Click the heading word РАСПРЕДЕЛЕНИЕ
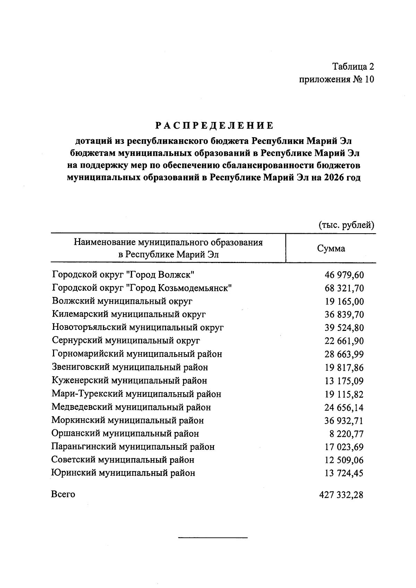(214, 125)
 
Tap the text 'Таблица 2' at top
(353, 66)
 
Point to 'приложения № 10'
(337, 79)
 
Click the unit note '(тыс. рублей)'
(346, 225)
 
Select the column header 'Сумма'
(331, 248)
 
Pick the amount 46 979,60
(344, 275)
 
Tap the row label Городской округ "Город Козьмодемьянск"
(142, 288)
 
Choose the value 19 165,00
(344, 301)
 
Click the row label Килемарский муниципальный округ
(129, 314)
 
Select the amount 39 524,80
(344, 328)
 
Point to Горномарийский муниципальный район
(137, 354)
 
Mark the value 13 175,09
(344, 381)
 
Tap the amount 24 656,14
(344, 407)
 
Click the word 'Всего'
(63, 494)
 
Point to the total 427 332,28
(341, 495)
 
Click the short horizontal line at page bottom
(213, 537)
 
